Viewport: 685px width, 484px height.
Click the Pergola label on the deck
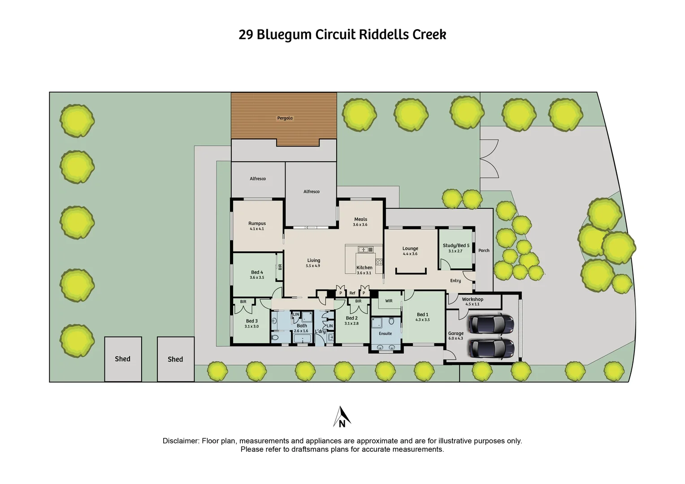coord(285,118)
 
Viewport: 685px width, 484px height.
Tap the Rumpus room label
coord(257,223)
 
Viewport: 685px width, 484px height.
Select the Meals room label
coord(360,220)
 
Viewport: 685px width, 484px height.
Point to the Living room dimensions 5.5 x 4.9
coord(313,266)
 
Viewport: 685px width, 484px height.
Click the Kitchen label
coord(364,268)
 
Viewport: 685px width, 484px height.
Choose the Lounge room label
coord(410,248)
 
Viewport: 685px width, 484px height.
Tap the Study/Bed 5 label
coord(456,246)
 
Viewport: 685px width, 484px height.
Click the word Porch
coord(484,251)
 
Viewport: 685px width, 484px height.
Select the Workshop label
coord(473,299)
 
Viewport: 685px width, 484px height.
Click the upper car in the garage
coord(491,324)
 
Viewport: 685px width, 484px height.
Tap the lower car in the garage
coord(491,348)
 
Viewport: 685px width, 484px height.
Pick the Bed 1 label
coord(422,315)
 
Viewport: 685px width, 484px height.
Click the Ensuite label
coord(385,333)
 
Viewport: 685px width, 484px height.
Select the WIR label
coord(389,301)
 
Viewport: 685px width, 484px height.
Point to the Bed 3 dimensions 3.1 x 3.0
coord(251,327)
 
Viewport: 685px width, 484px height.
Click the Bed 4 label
coord(257,272)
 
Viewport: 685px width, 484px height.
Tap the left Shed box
coord(123,359)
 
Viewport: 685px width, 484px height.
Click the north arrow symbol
coord(342,417)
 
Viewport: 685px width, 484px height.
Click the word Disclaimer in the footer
coord(180,441)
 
